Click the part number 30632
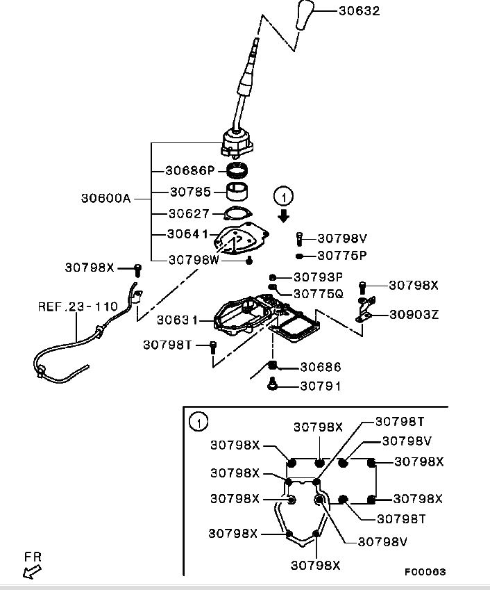pyautogui.click(x=359, y=11)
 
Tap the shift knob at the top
pyautogui.click(x=305, y=15)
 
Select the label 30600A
pyautogui.click(x=106, y=197)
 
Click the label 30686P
pyautogui.click(x=190, y=170)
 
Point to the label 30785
pyautogui.click(x=189, y=191)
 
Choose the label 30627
pyautogui.click(x=189, y=213)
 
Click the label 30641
pyautogui.click(x=188, y=234)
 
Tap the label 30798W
pyautogui.click(x=194, y=259)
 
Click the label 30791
pyautogui.click(x=321, y=386)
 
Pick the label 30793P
pyautogui.click(x=318, y=277)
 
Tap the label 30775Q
pyautogui.click(x=318, y=293)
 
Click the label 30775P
pyautogui.click(x=341, y=255)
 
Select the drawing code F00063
pyautogui.click(x=425, y=572)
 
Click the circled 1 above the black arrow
pyautogui.click(x=282, y=196)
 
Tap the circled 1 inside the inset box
pyautogui.click(x=198, y=421)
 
